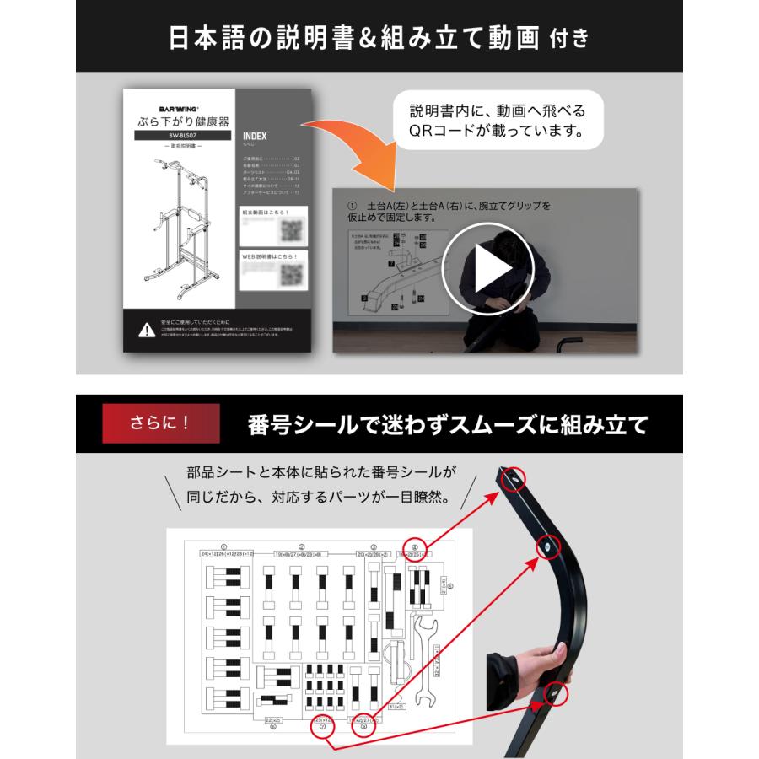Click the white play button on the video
click(488, 270)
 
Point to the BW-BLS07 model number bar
click(176, 135)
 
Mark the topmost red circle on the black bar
click(513, 480)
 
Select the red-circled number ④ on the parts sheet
click(415, 549)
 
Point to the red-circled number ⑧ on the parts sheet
click(363, 727)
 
